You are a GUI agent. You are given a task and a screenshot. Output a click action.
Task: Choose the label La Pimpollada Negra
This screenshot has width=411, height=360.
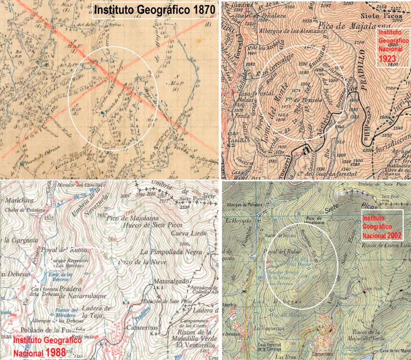[165, 252]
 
